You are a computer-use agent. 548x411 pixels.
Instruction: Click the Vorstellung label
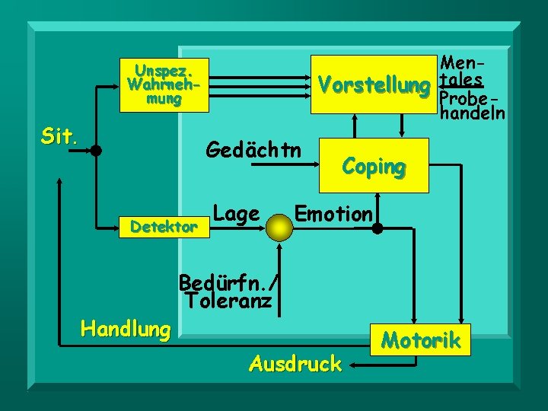point(373,85)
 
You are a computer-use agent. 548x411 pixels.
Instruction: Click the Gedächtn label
point(253,150)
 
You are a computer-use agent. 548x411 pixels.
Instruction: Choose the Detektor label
point(164,226)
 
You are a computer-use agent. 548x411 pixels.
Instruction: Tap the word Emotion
point(333,214)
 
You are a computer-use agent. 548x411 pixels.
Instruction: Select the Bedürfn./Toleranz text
point(228,292)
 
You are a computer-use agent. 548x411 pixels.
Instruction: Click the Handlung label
point(126,330)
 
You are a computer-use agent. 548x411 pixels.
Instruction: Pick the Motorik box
point(421,340)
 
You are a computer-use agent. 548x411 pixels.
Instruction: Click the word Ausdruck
point(295,364)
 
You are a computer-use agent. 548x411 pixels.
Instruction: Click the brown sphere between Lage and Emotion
point(281,225)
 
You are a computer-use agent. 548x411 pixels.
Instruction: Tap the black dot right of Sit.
point(96,151)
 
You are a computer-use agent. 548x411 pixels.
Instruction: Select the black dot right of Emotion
point(377,227)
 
